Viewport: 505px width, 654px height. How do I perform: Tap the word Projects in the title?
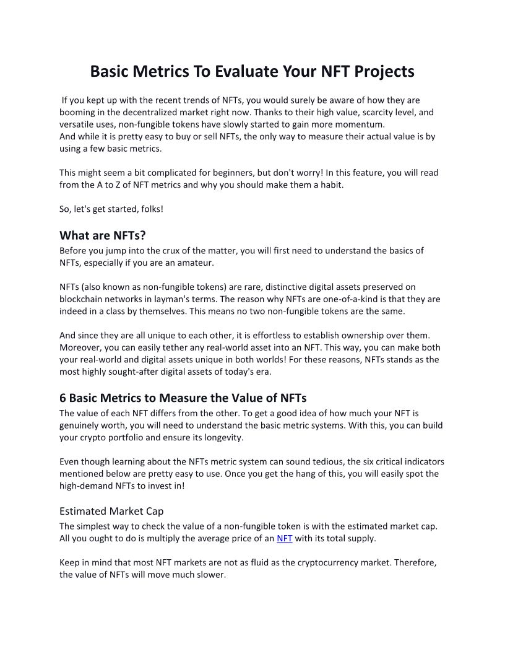coord(384,71)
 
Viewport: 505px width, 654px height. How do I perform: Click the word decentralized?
coord(160,113)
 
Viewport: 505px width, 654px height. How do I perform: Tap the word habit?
coord(328,185)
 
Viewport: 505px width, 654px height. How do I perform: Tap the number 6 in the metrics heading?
coord(63,398)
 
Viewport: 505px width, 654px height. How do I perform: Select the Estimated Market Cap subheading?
coord(107,511)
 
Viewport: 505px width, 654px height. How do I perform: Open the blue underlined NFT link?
coord(285,538)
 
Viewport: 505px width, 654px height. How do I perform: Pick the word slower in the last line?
coord(212,574)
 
